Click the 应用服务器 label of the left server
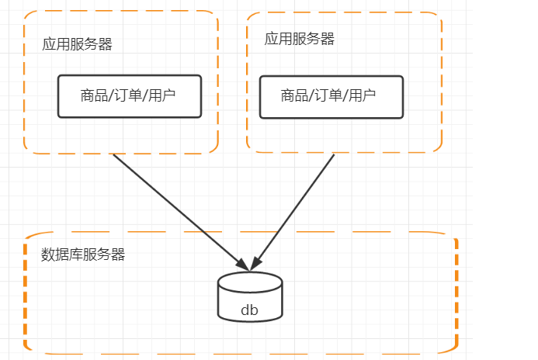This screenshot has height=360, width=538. [x=77, y=44]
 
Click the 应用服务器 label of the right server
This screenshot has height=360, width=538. [x=300, y=39]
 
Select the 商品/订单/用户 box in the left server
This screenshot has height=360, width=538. [x=130, y=96]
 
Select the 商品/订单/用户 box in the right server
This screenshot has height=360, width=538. [x=331, y=96]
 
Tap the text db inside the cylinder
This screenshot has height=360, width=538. [x=249, y=310]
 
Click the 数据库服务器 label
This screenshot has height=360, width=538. [x=83, y=254]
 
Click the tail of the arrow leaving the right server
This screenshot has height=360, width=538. [x=333, y=156]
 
